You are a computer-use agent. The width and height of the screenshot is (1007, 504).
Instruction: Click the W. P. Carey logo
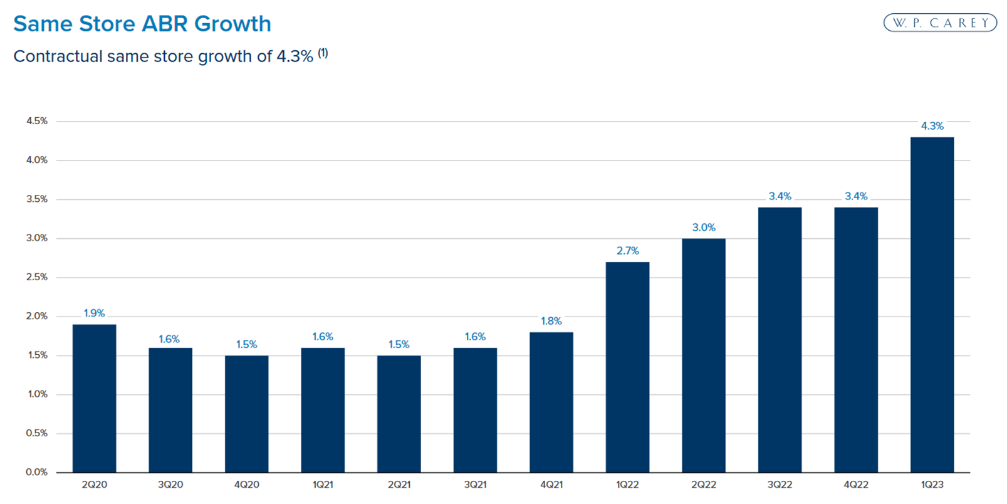point(939,23)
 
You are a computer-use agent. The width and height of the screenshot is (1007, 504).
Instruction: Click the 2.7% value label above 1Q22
point(627,251)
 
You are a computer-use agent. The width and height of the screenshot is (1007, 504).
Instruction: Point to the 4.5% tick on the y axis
point(37,121)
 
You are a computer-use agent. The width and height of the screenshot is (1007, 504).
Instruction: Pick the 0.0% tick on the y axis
point(37,472)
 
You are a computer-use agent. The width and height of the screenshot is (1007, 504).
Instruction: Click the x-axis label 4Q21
point(551,485)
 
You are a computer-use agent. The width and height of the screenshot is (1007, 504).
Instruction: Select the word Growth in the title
point(232,24)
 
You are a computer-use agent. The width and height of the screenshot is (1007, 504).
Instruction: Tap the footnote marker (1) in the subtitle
point(323,53)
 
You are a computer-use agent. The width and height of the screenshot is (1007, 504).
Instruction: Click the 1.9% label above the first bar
point(94,313)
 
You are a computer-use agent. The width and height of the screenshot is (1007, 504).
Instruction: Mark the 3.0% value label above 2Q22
point(704,228)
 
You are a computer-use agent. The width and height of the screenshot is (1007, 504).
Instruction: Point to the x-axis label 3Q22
point(780,485)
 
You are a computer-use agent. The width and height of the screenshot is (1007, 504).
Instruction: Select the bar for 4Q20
point(246,414)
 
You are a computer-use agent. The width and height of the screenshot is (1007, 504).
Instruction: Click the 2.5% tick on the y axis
point(37,277)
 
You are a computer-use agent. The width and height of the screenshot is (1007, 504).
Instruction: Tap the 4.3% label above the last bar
point(932,126)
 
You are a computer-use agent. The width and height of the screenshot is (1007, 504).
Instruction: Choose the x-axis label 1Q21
point(323,485)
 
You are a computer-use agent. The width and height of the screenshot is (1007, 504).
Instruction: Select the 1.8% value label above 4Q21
point(551,321)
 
